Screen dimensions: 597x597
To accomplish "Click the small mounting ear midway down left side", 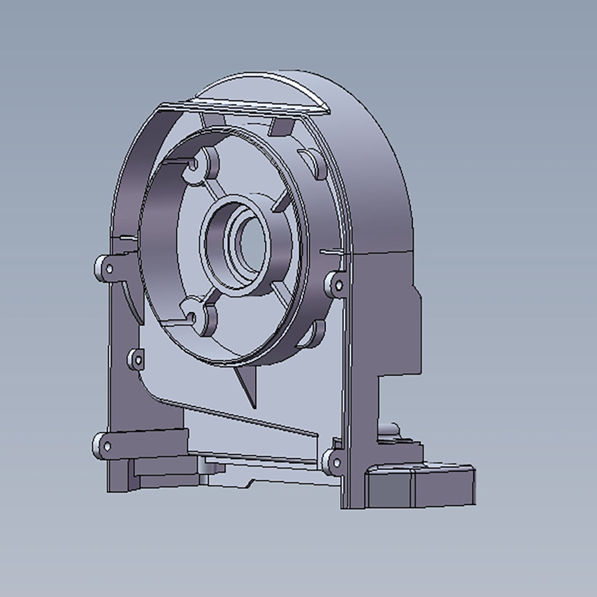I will click(136, 359).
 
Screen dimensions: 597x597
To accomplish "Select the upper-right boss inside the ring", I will click(315, 162).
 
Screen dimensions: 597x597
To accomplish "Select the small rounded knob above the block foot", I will click(389, 429).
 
